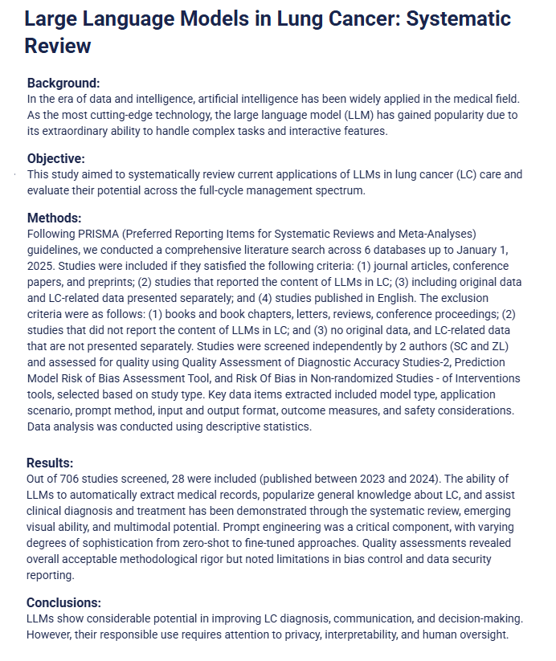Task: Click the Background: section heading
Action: (63, 83)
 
